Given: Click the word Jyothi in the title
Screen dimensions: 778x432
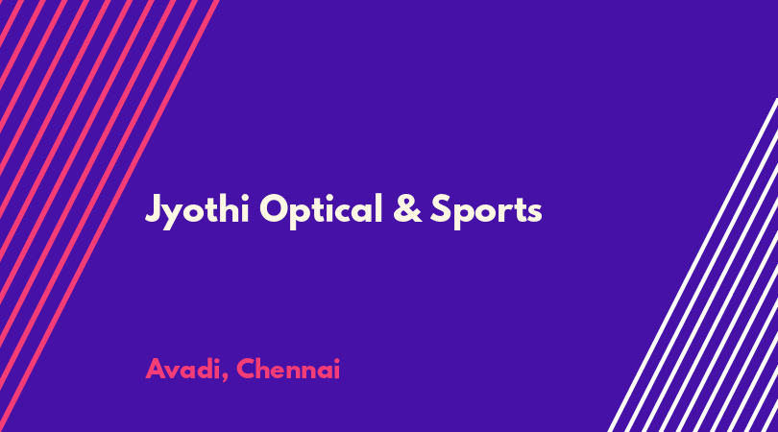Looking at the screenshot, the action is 197,211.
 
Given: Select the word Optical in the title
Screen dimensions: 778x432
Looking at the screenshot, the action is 321,211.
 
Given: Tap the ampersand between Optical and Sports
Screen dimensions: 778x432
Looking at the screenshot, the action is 407,208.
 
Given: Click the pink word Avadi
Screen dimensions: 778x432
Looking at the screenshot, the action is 182,369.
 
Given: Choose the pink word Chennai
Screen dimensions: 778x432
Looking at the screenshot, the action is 288,369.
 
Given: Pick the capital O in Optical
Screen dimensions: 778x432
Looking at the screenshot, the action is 274,208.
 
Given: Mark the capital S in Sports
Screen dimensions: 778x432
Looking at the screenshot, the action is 440,208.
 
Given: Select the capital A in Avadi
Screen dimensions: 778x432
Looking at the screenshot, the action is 156,369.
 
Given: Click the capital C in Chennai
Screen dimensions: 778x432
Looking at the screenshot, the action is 246,369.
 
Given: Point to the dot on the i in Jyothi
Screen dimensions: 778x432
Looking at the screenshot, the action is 244,197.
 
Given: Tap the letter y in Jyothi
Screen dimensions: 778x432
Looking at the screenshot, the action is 172,216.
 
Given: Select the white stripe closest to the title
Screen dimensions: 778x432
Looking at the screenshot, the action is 693,265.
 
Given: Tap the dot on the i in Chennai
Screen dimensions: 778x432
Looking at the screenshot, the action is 336,360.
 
